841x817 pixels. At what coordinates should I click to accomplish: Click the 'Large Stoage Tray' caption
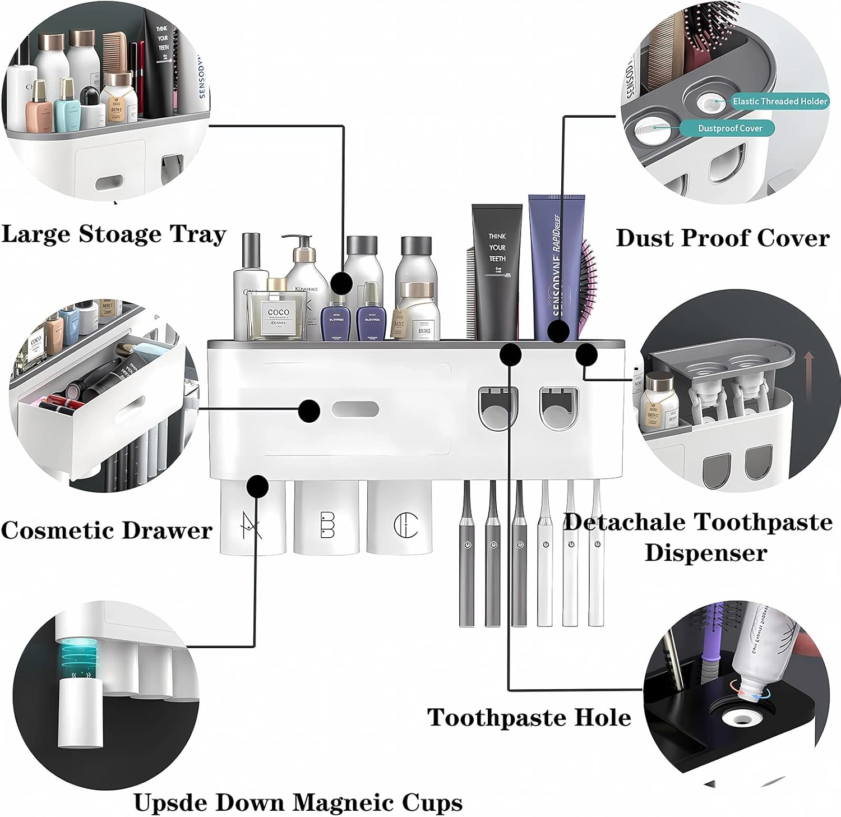114,234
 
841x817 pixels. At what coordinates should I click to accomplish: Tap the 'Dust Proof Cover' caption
722,238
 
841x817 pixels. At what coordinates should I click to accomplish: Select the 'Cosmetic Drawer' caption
107,530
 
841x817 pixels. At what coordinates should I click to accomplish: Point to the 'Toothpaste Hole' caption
529,717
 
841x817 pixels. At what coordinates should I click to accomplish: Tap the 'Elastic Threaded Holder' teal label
779,101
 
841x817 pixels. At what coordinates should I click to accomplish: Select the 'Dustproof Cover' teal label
729,128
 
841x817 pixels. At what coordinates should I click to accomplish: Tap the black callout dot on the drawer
309,410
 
